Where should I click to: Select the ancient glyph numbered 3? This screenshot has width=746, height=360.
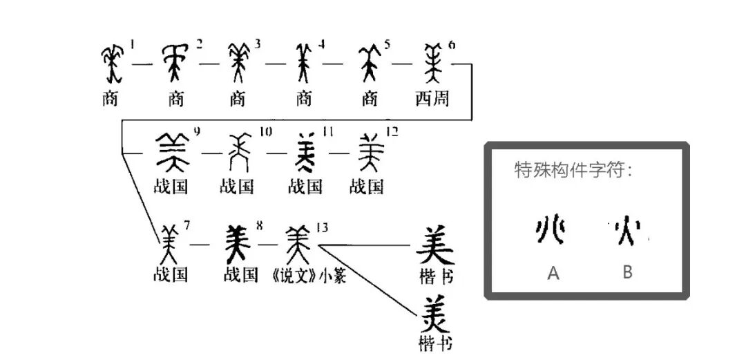[x=238, y=63]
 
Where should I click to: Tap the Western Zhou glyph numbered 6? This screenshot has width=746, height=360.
[x=433, y=64]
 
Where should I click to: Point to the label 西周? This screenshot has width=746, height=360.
[x=432, y=99]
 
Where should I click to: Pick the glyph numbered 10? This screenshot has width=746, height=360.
[x=238, y=152]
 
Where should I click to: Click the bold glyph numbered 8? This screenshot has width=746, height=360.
[x=240, y=242]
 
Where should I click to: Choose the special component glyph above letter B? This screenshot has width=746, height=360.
[x=627, y=233]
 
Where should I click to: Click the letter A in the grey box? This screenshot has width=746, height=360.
[x=553, y=274]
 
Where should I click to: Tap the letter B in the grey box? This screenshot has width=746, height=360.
[x=627, y=272]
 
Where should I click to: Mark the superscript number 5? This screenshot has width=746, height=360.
[x=387, y=46]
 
